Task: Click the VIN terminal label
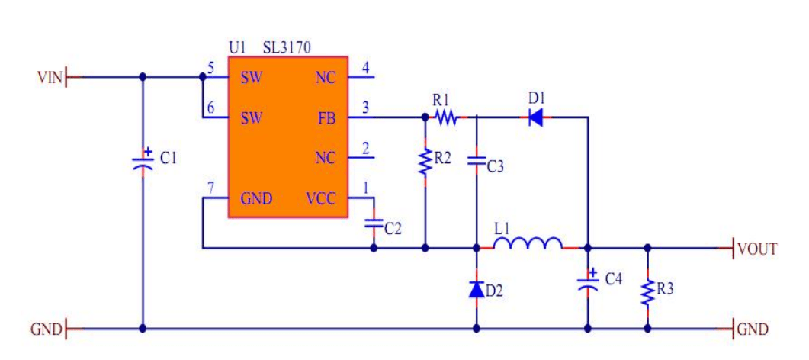(49, 77)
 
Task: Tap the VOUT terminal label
(757, 249)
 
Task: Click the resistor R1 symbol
(445, 117)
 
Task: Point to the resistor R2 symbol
(425, 162)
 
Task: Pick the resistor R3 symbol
(647, 291)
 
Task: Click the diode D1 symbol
(536, 117)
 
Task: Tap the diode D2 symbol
(477, 289)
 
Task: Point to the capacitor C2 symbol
(374, 223)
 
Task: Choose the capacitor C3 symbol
(477, 161)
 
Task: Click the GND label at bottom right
(753, 329)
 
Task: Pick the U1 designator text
(237, 47)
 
